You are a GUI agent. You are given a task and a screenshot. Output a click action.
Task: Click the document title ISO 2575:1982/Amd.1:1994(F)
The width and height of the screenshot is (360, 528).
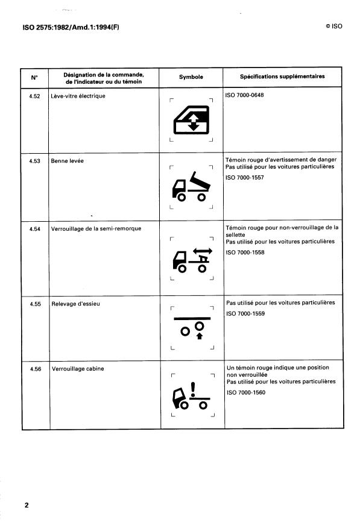click(71, 27)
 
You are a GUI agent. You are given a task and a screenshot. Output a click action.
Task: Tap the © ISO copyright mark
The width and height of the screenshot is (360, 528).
click(333, 27)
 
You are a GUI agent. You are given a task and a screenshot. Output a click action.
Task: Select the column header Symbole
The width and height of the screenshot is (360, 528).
click(191, 77)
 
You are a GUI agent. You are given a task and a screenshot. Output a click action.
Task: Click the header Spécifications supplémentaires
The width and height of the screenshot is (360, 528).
click(282, 77)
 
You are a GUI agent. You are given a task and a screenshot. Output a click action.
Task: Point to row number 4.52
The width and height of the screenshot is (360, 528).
click(34, 96)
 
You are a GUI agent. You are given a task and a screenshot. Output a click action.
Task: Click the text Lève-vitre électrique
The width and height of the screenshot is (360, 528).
click(78, 96)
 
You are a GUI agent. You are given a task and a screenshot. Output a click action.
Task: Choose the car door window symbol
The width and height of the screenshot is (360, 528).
click(191, 120)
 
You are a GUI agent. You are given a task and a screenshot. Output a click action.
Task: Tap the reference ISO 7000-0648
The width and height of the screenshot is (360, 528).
click(244, 95)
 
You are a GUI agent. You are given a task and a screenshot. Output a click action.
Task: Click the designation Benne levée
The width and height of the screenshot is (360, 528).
click(68, 161)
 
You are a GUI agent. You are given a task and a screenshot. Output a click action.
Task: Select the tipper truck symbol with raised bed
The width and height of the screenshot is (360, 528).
click(191, 187)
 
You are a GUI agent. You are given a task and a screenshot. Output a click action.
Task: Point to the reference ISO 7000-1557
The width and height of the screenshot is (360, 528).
click(245, 177)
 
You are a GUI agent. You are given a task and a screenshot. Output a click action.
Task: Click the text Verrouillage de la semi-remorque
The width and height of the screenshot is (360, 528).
click(96, 228)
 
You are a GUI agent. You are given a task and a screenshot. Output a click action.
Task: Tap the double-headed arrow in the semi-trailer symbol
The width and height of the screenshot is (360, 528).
click(203, 251)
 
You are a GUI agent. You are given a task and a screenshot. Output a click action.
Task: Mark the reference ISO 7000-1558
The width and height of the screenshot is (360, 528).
click(245, 252)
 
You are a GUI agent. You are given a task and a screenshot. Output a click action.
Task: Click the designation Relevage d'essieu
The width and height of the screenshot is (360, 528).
click(76, 304)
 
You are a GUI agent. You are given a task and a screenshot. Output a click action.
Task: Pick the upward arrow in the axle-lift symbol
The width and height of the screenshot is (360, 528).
click(200, 336)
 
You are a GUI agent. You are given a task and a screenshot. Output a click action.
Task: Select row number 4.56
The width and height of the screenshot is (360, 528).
click(36, 369)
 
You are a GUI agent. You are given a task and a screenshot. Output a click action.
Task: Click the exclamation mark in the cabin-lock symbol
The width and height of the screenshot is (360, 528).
click(193, 389)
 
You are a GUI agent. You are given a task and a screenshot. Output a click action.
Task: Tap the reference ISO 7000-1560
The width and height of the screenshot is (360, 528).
click(246, 392)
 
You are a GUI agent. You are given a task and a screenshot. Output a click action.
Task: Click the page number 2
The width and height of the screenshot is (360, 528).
click(27, 505)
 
